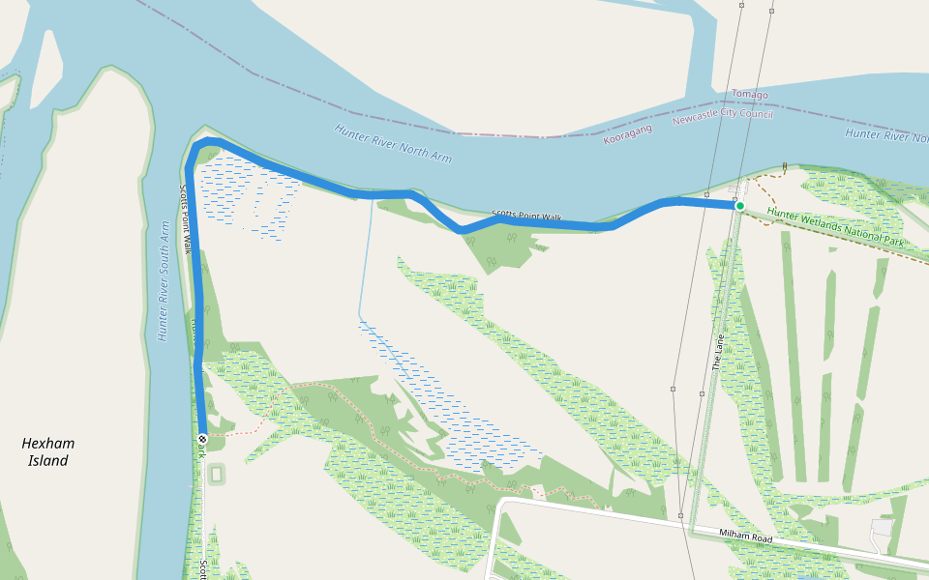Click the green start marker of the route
pos(739,206)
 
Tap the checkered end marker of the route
pos(202,440)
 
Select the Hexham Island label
pos(48,451)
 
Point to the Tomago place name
pos(749,95)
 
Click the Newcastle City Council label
pos(723,116)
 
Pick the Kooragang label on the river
pos(628,134)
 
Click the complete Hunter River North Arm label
pos(393,143)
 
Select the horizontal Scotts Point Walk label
pos(526,217)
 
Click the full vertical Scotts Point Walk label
pos(186,219)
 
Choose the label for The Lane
pos(717,354)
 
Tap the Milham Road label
pos(744,536)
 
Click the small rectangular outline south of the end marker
pos(215,475)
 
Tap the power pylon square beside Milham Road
pos(681,516)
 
